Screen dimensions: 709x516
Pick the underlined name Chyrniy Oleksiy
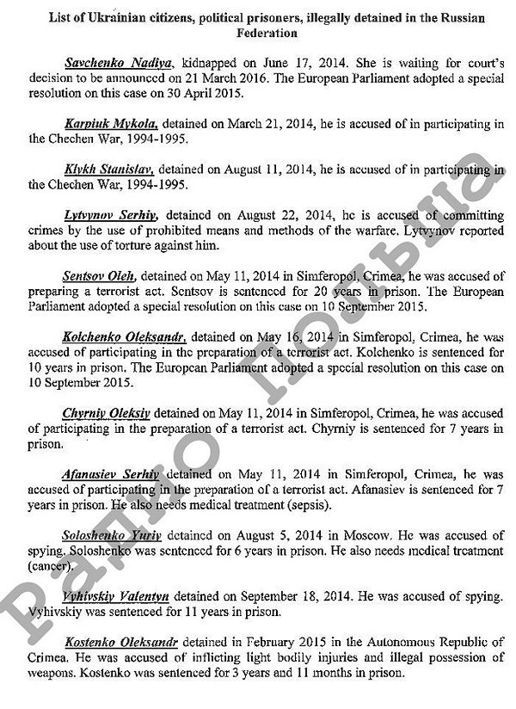tap(106, 412)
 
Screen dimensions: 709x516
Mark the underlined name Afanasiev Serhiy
tap(111, 473)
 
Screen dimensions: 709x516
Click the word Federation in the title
tap(267, 34)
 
